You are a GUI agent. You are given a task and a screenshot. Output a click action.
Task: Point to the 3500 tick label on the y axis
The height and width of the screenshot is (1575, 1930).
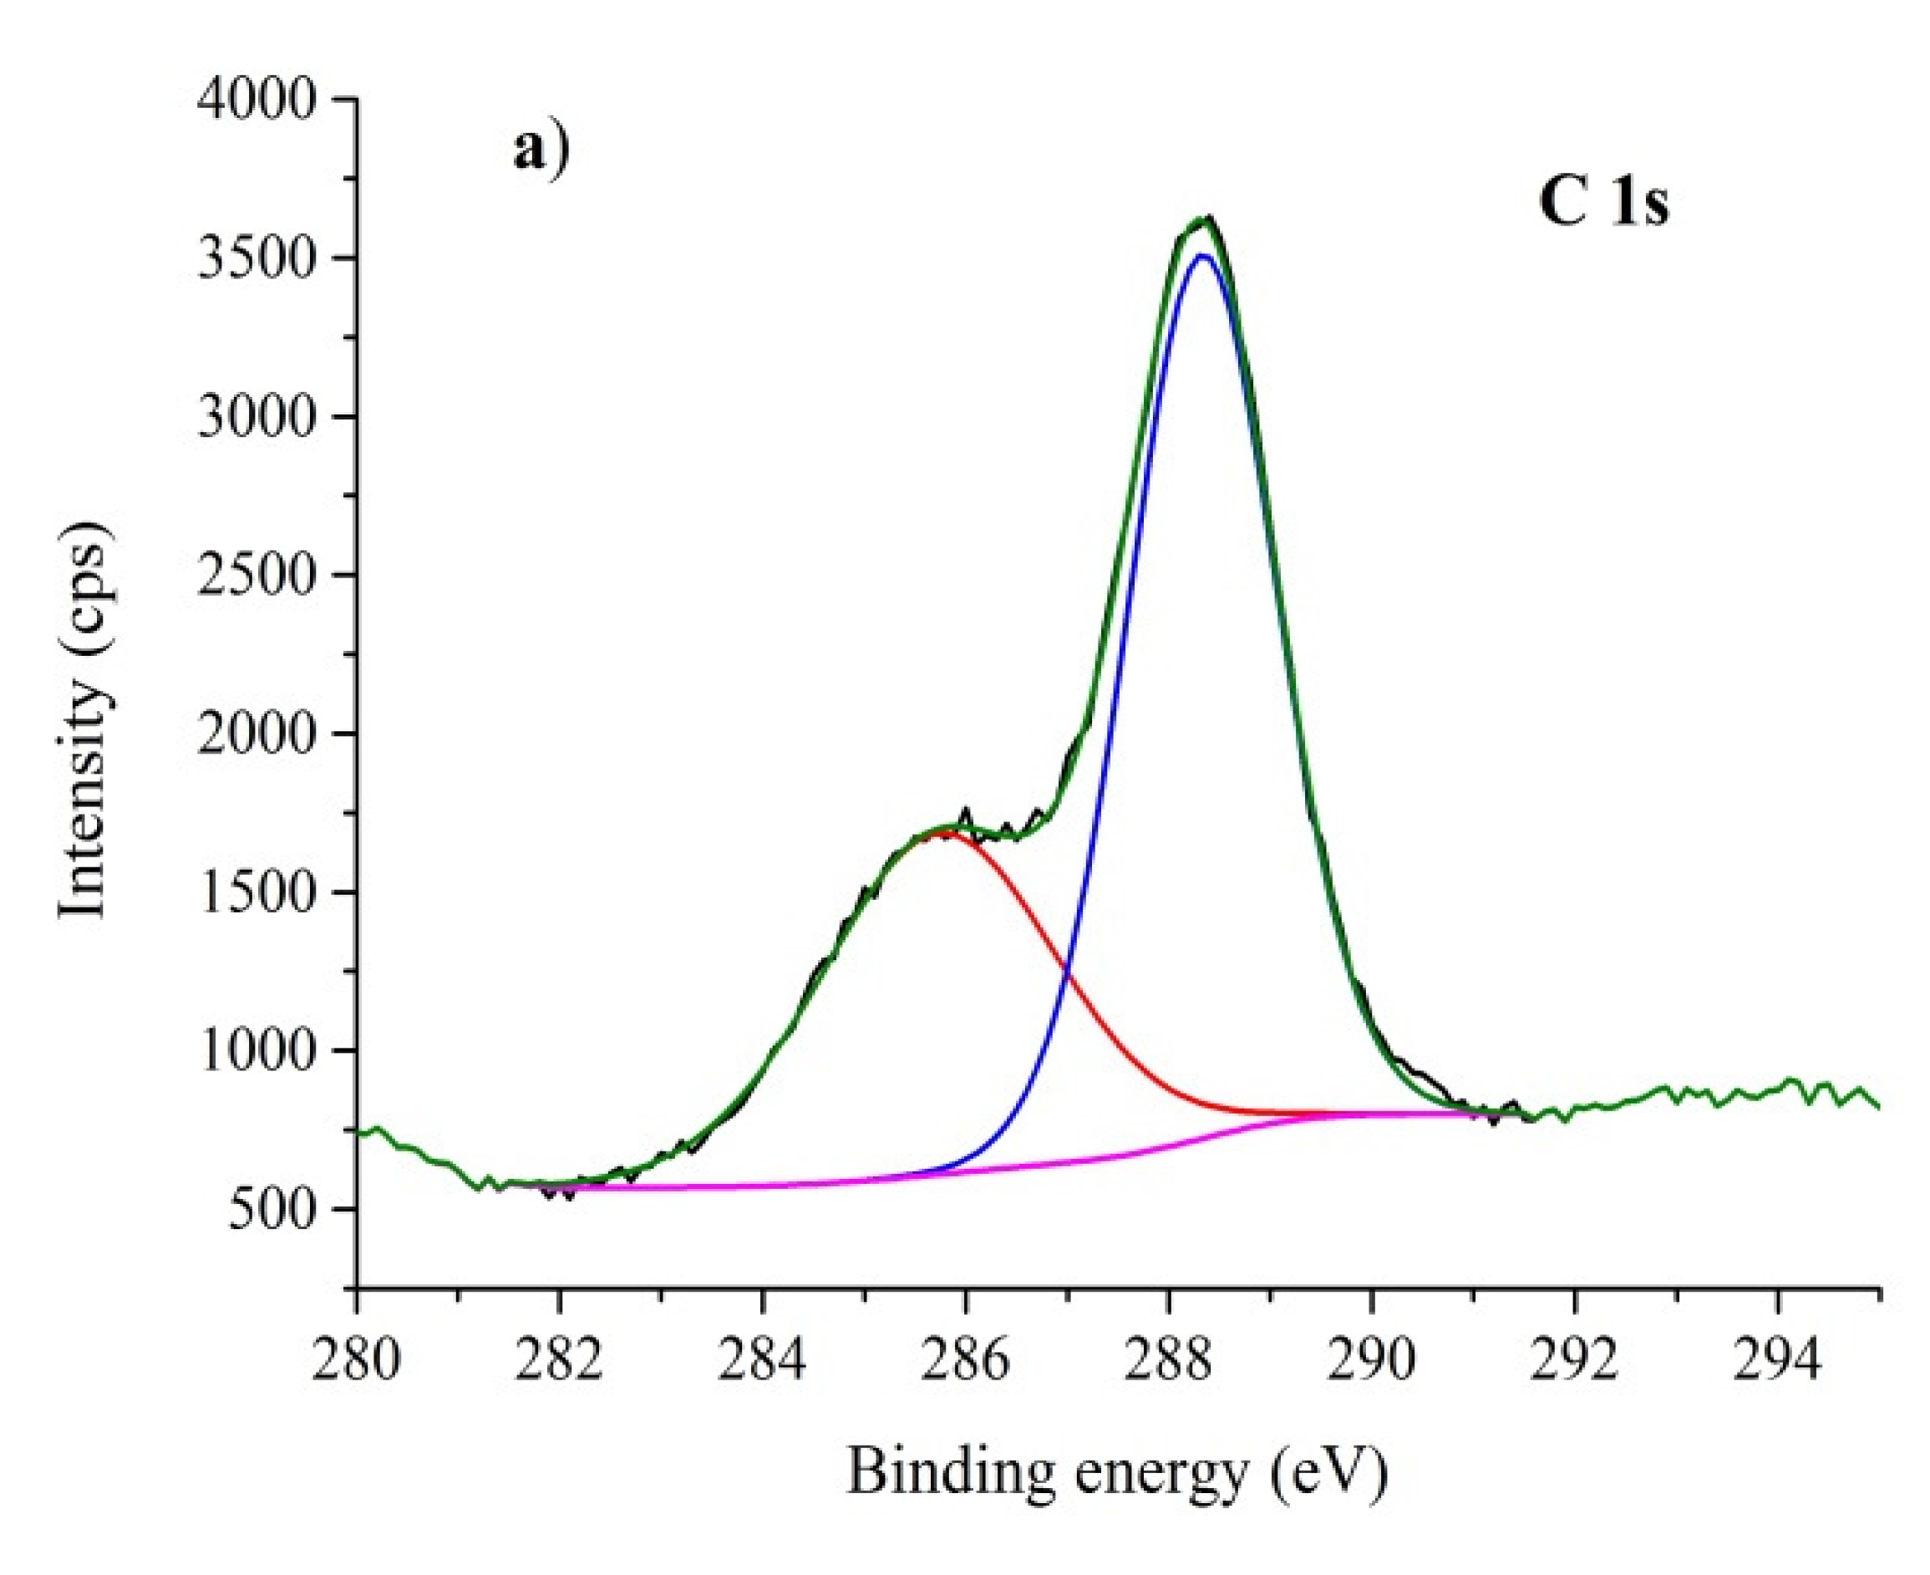[x=257, y=257]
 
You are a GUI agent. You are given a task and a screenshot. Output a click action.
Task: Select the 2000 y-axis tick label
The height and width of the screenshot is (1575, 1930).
[x=257, y=733]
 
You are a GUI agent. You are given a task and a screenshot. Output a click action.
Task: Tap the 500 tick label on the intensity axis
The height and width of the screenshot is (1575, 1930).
[x=272, y=1209]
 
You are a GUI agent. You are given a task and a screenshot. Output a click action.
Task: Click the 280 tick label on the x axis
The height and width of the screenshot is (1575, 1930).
[x=357, y=1364]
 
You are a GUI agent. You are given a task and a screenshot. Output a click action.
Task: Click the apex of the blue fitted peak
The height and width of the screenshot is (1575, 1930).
[x=1203, y=256]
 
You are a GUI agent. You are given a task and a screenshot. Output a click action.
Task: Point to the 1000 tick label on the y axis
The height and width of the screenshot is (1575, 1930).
[x=257, y=1050]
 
